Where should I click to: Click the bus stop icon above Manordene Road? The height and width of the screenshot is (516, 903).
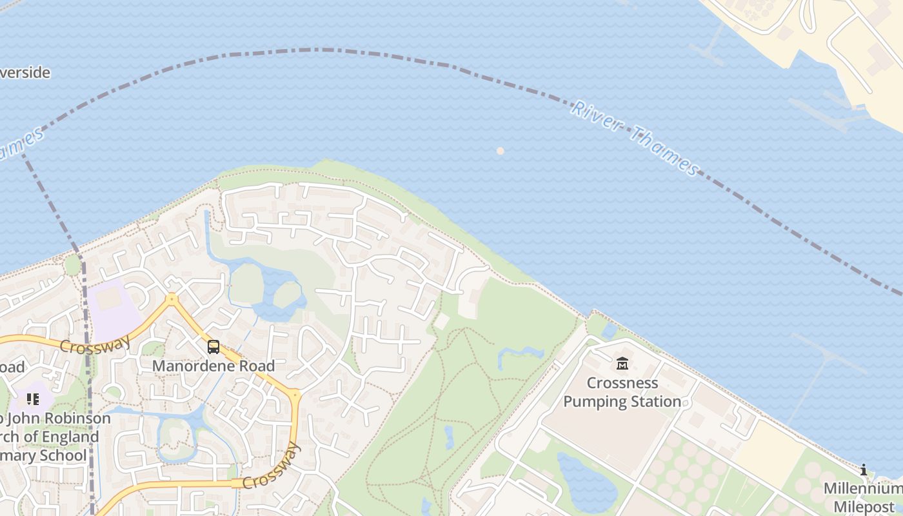click(213, 347)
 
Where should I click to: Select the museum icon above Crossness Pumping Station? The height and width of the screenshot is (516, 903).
click(622, 364)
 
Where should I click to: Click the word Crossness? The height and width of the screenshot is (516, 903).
click(622, 383)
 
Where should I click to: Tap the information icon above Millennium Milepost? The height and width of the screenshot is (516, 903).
click(864, 470)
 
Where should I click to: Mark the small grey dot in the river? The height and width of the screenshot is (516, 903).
click(500, 151)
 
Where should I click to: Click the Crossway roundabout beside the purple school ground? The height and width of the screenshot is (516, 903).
click(172, 299)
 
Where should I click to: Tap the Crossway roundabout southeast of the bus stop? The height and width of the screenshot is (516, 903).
click(295, 394)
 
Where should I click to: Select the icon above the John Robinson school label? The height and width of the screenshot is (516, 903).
click(33, 399)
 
